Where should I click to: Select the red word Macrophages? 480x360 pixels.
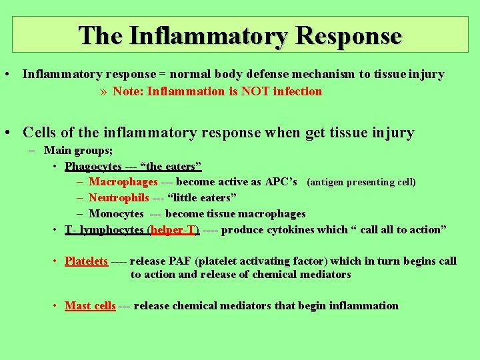point(123,182)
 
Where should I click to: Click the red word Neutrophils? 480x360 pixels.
point(119,198)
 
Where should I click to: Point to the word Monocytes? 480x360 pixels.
point(116,214)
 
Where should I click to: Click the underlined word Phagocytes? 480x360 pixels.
point(93,166)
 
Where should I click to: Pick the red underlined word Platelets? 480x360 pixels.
point(86,261)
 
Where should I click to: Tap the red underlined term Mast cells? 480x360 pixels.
point(90,306)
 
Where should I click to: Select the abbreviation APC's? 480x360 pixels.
point(281,182)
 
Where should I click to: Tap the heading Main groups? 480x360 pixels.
point(78,151)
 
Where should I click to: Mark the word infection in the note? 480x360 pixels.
point(297,91)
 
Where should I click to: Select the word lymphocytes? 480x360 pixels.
point(112,230)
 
